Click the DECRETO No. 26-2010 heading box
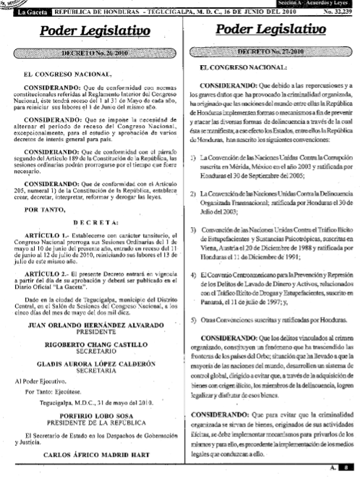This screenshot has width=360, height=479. click(x=89, y=54)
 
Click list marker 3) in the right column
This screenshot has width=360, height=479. click(x=194, y=229)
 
